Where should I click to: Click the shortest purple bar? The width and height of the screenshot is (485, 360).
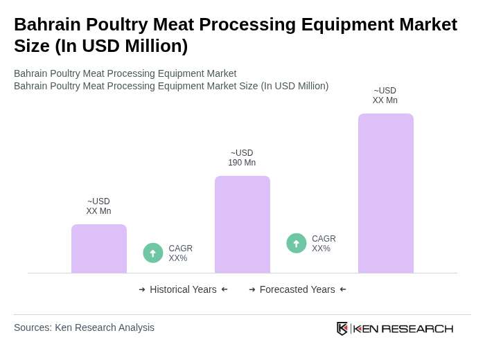point(99,249)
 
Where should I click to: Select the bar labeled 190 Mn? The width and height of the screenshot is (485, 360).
point(242,224)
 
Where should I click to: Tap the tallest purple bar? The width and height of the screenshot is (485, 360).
point(386,193)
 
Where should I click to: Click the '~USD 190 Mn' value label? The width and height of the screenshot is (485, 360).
point(242,158)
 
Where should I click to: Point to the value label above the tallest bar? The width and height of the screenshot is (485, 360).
point(385,96)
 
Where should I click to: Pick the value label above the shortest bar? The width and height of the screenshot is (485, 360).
point(98,206)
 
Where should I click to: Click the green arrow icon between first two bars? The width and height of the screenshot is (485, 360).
point(153,253)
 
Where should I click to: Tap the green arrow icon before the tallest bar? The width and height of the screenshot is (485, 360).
point(297,243)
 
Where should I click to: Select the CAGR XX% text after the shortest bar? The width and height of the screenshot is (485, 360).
point(180,253)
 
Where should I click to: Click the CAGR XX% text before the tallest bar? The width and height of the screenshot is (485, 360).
point(324,244)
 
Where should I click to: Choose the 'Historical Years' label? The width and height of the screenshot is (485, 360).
point(183,289)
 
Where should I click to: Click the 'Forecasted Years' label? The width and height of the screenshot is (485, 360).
point(297,289)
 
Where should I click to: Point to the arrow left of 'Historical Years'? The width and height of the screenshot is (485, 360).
point(142,289)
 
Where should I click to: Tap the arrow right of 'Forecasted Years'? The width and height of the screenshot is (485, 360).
point(343,289)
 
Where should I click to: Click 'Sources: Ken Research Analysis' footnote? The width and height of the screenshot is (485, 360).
point(84,327)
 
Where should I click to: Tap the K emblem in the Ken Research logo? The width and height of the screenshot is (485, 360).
point(342,328)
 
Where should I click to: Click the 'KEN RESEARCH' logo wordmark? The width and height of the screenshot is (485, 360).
point(403,328)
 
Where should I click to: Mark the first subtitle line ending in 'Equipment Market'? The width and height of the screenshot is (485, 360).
point(125,73)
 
